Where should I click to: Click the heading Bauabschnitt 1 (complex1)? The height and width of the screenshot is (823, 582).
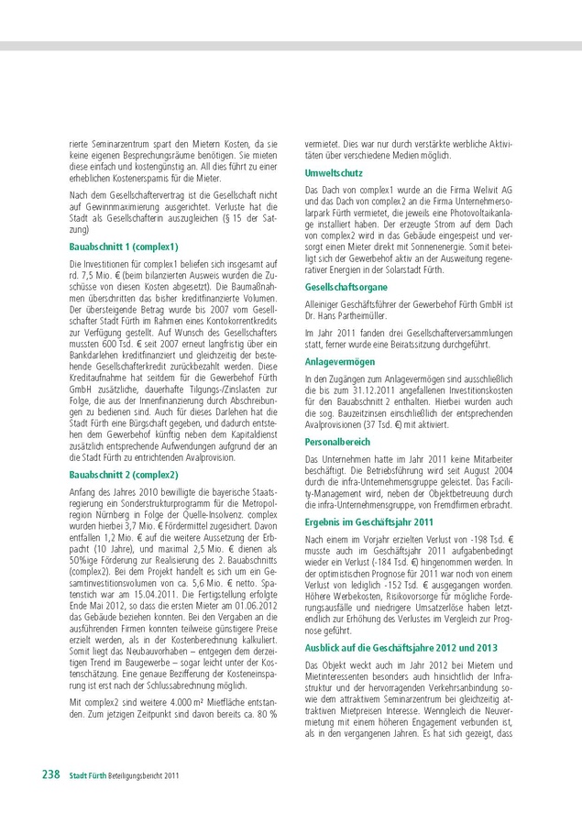124,247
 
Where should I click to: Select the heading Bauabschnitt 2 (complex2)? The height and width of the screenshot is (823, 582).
124,475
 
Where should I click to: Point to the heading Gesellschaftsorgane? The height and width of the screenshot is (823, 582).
346,287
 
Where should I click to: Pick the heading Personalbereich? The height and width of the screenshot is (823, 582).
338,441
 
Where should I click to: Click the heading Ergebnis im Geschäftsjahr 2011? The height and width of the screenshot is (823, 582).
368,521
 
